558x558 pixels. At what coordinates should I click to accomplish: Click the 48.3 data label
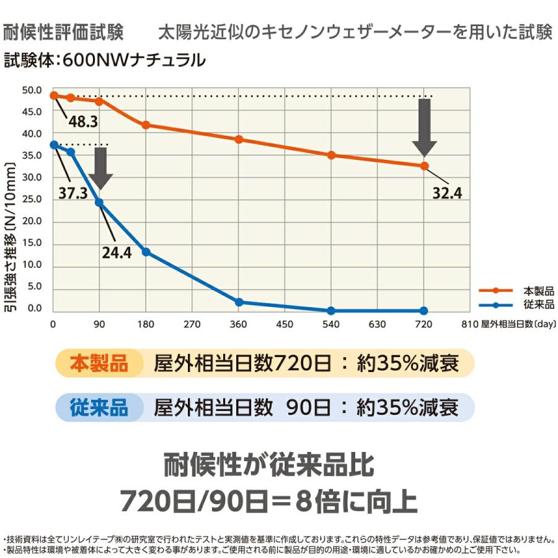pyautogui.click(x=83, y=122)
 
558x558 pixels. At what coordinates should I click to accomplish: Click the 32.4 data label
pyautogui.click(x=447, y=193)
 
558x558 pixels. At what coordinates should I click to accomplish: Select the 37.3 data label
pyautogui.click(x=73, y=193)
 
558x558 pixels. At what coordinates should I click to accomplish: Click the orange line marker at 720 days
pyautogui.click(x=424, y=166)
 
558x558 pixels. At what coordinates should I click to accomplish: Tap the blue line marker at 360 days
pyautogui.click(x=239, y=302)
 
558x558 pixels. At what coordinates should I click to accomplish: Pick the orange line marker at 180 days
pyautogui.click(x=146, y=125)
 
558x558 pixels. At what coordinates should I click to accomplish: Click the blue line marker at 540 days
pyautogui.click(x=331, y=311)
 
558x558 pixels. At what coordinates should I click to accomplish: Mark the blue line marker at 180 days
pyautogui.click(x=146, y=252)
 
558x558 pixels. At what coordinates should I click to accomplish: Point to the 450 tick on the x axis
pyautogui.click(x=285, y=324)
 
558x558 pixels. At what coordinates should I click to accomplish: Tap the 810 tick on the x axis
pyautogui.click(x=469, y=324)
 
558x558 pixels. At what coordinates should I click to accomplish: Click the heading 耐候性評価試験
pyautogui.click(x=63, y=32)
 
